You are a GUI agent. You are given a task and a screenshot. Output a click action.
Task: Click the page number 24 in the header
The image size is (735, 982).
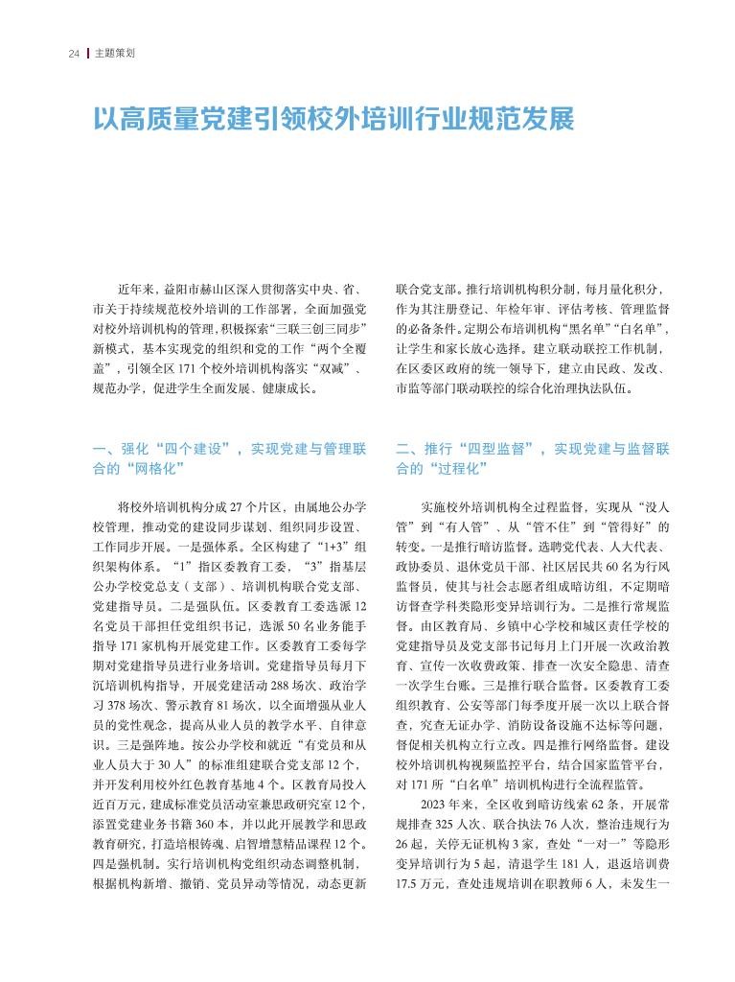tap(73, 53)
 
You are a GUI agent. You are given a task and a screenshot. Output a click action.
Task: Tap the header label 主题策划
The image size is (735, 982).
tap(114, 53)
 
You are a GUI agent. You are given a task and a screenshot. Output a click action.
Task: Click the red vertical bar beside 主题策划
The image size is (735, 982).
tap(88, 53)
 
